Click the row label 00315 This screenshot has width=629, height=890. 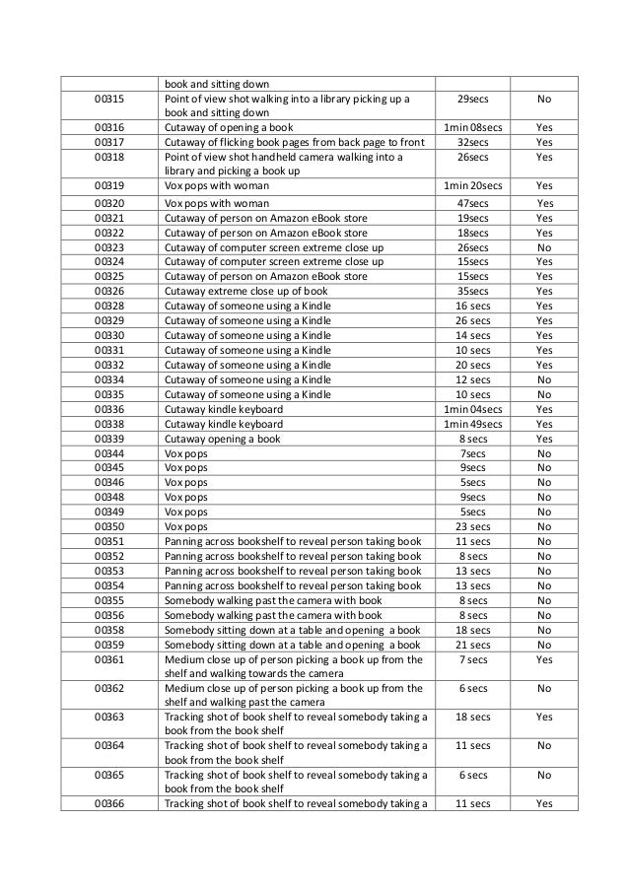(108, 100)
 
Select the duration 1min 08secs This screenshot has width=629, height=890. (472, 127)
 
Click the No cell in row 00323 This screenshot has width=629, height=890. (543, 247)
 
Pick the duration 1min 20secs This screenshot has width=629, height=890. (472, 184)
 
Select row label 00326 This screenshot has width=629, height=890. (108, 292)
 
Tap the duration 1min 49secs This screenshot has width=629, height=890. (472, 424)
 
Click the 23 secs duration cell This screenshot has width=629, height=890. (472, 527)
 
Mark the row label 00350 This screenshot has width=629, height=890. (108, 527)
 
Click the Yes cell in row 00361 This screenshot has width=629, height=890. (543, 659)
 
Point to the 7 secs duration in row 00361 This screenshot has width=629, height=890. (472, 659)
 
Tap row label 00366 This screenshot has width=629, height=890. (108, 804)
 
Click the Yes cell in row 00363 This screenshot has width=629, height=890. (543, 718)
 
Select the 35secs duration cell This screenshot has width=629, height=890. (472, 292)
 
